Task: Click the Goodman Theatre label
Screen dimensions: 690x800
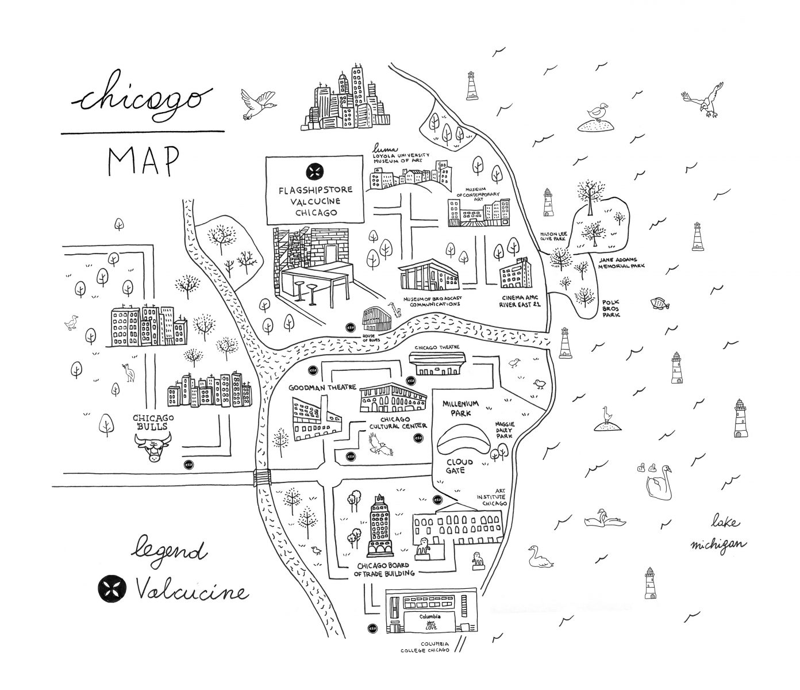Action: pyautogui.click(x=322, y=387)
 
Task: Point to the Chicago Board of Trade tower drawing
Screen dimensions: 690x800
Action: pyautogui.click(x=379, y=526)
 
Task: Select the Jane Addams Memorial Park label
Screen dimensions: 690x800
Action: pyautogui.click(x=621, y=263)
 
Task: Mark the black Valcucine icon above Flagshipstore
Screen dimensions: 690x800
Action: pyautogui.click(x=314, y=171)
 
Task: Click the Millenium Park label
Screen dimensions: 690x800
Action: pyautogui.click(x=460, y=409)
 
